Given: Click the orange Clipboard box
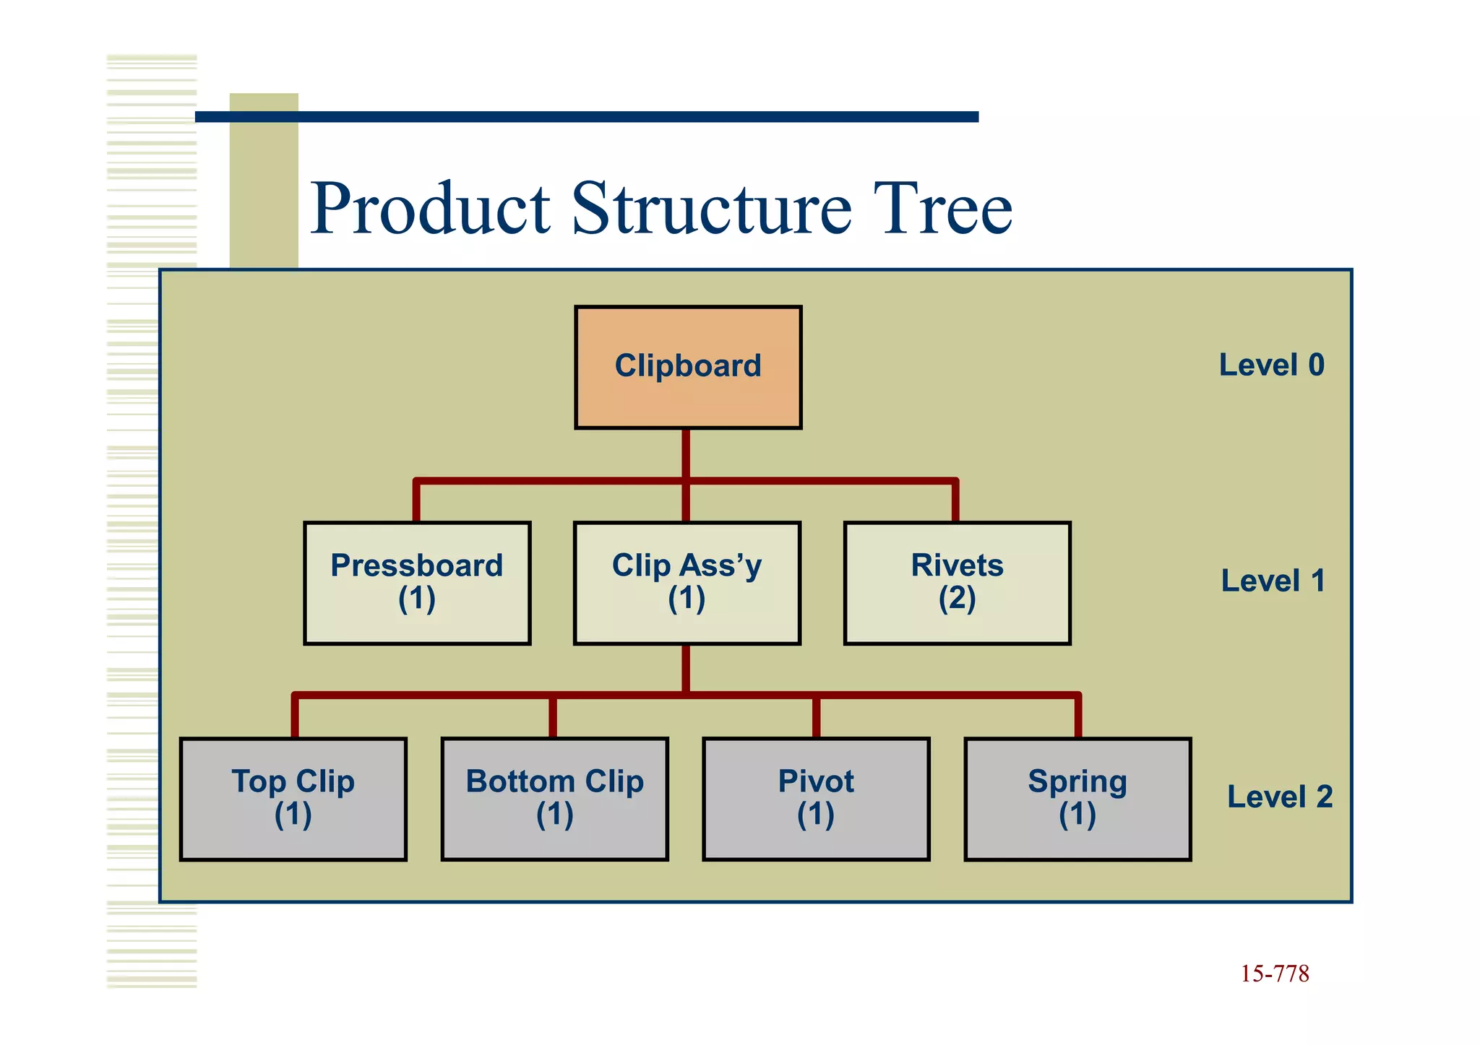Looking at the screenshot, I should [x=688, y=367].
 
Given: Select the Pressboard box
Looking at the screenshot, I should [x=417, y=582].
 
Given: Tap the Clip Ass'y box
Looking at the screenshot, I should [x=687, y=582].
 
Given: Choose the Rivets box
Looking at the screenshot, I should [x=957, y=582].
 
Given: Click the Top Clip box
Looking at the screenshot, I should [x=293, y=798].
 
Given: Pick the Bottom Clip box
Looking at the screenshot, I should [x=554, y=798].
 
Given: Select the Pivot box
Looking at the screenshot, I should [x=816, y=798].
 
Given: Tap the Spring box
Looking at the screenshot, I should [x=1077, y=798].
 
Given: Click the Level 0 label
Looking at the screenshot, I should [x=1271, y=365].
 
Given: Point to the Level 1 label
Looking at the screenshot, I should [x=1273, y=581].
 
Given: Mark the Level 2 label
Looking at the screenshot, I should [x=1279, y=797].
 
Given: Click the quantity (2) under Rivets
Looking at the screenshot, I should [x=957, y=599].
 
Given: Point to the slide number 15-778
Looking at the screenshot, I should [x=1275, y=974].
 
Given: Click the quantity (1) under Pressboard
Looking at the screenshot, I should [x=417, y=599].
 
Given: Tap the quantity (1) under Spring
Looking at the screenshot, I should [x=1077, y=815].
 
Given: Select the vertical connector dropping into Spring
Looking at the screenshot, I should [x=1077, y=717].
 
